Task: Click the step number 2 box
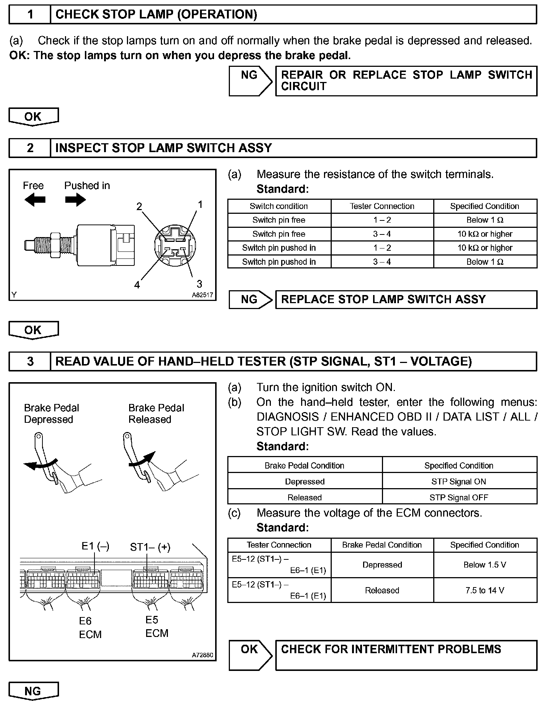point(30,148)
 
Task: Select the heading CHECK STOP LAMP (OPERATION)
point(156,14)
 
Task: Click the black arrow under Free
point(35,200)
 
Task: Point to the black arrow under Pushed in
point(75,200)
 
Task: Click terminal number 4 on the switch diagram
point(137,285)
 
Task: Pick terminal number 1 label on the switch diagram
point(200,204)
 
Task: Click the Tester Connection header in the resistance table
point(382,206)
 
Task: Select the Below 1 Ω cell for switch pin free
point(485,220)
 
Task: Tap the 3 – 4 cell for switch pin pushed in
point(382,262)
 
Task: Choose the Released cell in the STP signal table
point(304,497)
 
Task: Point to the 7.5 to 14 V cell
point(485,590)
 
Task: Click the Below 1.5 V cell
point(485,565)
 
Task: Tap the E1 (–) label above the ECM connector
point(95,546)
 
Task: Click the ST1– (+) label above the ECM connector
point(150,547)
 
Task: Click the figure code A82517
point(202,295)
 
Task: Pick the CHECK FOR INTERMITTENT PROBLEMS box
point(406,655)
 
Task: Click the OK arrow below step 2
point(33,330)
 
